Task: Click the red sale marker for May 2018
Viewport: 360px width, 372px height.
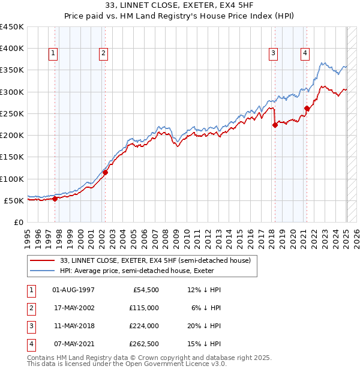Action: click(275, 125)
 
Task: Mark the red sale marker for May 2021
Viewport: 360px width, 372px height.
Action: click(307, 109)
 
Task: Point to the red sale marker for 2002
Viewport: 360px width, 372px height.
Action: click(105, 172)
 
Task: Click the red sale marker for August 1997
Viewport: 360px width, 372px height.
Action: click(55, 199)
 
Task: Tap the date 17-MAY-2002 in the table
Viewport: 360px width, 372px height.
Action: click(74, 308)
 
